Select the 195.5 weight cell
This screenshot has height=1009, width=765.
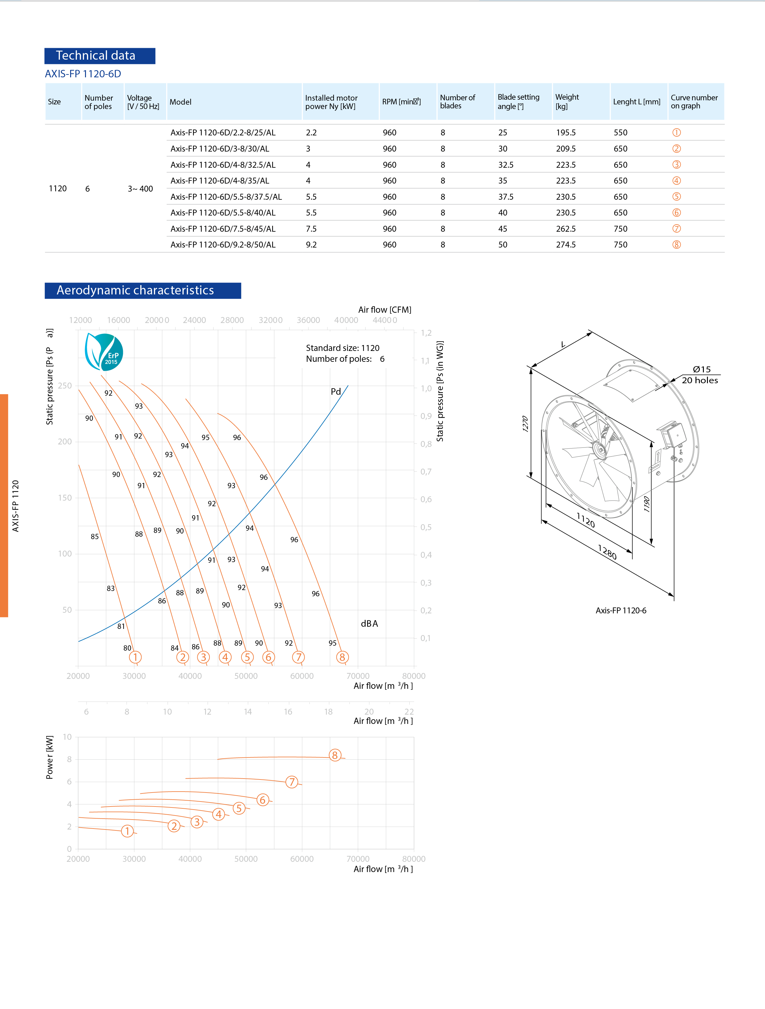tap(565, 133)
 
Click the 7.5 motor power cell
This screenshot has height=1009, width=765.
tap(311, 229)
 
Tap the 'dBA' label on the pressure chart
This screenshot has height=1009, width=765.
tap(369, 624)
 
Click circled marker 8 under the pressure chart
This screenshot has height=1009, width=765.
tap(342, 657)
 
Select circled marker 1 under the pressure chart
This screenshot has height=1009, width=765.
tap(135, 657)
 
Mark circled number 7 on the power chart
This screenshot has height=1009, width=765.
tap(292, 782)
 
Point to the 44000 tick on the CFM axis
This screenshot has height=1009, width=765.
tap(384, 320)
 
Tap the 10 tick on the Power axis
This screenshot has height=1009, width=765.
tap(67, 737)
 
